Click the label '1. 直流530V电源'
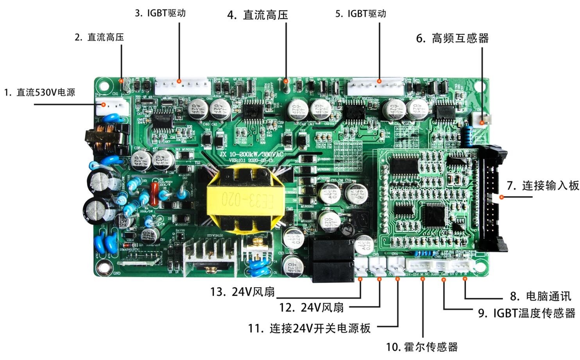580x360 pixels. [39, 93]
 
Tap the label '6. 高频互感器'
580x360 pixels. [452, 38]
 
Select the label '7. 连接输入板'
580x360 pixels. [542, 186]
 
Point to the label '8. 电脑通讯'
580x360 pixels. [541, 296]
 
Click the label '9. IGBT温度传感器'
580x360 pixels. [526, 313]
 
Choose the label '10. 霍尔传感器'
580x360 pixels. [422, 347]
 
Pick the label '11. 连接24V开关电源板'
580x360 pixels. [309, 328]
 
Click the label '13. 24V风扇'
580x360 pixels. [242, 292]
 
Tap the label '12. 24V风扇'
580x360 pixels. [311, 308]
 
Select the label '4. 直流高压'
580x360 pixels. [258, 15]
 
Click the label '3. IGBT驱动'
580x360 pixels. [160, 13]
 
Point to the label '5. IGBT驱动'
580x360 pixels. [360, 14]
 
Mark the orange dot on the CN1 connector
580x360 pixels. [104, 104]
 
